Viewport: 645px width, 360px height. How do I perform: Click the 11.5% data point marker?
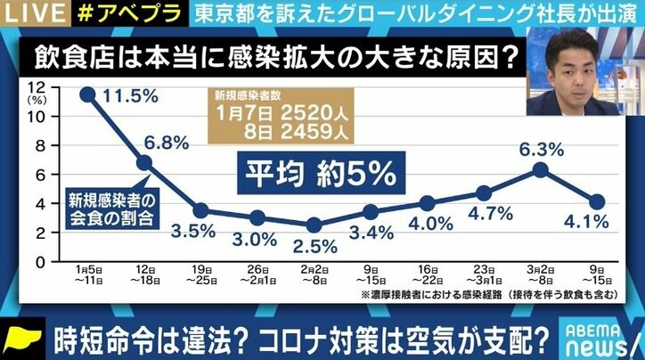[87, 93]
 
